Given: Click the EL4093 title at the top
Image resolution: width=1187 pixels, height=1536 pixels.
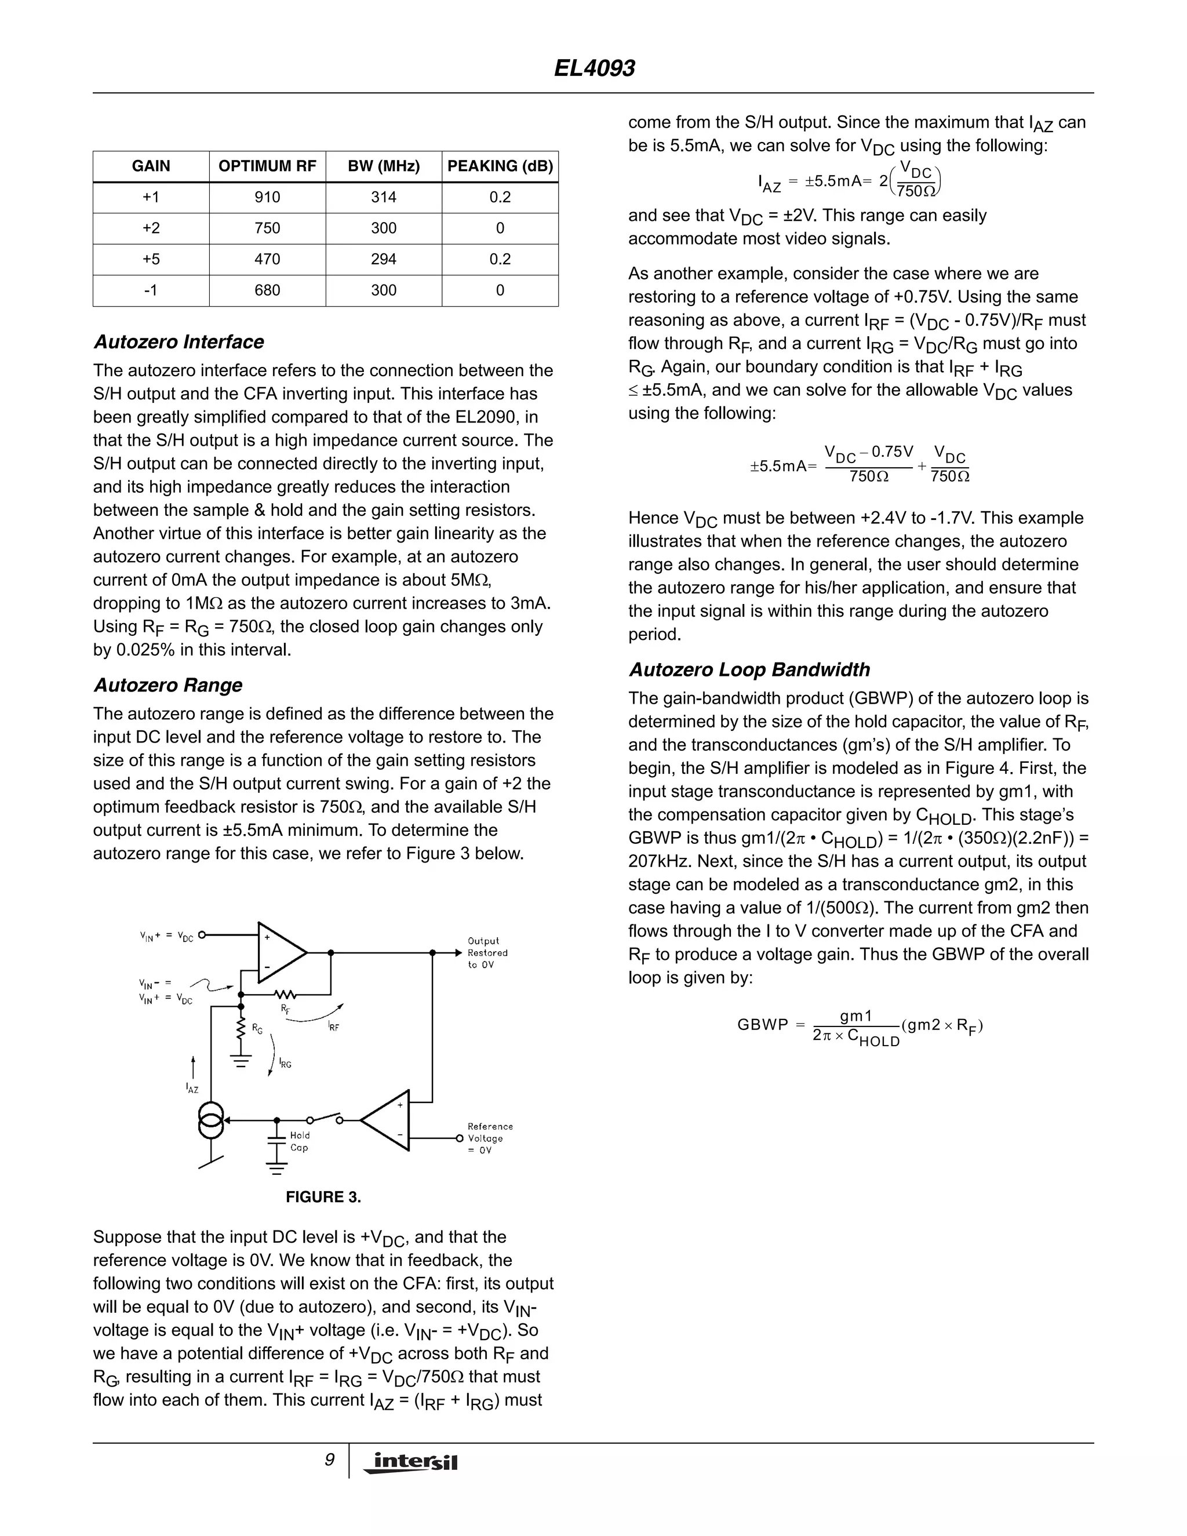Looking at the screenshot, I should point(593,68).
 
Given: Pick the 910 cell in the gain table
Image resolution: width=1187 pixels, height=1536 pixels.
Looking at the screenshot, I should point(267,198).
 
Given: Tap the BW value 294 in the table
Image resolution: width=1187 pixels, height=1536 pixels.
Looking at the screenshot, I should point(384,260).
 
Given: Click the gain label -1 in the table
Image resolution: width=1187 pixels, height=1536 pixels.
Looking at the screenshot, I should point(151,290).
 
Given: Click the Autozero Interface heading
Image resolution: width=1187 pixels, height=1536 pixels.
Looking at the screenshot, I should point(179,342).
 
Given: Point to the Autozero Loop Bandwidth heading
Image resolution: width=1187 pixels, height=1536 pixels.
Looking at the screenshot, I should point(749,669).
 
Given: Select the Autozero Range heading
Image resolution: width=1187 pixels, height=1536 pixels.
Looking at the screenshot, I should point(168,685).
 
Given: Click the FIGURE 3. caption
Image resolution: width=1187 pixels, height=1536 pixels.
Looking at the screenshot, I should point(323,1197).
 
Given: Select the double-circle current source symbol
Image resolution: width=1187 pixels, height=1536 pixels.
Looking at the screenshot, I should point(211,1120).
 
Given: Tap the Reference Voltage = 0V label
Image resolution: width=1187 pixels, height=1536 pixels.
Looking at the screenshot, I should point(490,1138).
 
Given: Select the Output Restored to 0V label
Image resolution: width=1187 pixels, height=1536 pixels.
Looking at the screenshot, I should point(487,953).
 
